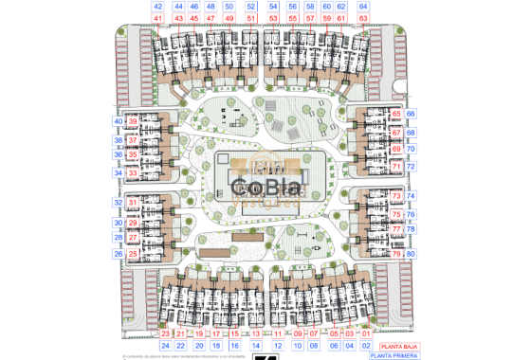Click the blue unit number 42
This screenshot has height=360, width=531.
(x=157, y=7)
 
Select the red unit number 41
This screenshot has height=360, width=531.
(x=157, y=18)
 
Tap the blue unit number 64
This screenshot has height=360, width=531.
(x=364, y=7)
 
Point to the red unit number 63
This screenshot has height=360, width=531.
(x=364, y=18)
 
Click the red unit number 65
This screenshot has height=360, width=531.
(x=396, y=114)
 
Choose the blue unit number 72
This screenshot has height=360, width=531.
(x=411, y=167)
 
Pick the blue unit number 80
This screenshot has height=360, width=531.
(x=411, y=254)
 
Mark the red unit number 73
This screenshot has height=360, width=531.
(x=396, y=195)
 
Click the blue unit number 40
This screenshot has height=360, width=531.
(x=119, y=121)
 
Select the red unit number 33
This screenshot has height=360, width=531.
(x=133, y=173)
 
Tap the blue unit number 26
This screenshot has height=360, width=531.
(x=119, y=254)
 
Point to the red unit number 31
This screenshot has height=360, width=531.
(x=133, y=203)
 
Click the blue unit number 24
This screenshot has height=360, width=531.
(x=165, y=346)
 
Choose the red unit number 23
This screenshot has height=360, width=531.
(x=165, y=333)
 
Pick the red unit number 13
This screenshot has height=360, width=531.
(x=256, y=333)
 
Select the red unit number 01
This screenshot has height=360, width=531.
(x=366, y=333)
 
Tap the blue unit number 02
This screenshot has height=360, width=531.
(x=366, y=346)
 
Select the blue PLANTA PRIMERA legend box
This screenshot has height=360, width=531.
(x=392, y=356)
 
